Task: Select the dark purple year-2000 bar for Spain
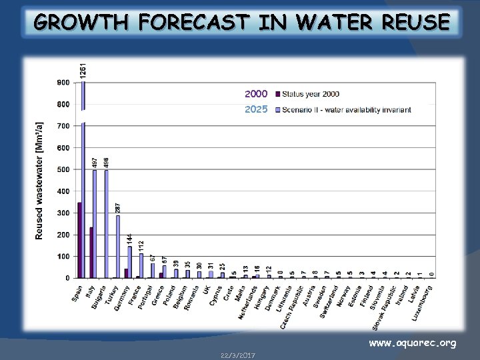pyautogui.click(x=79, y=240)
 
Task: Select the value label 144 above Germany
pyautogui.click(x=130, y=237)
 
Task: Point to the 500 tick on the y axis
pyautogui.click(x=63, y=169)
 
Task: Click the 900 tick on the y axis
pyautogui.click(x=63, y=83)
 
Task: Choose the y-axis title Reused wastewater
pyautogui.click(x=40, y=180)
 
